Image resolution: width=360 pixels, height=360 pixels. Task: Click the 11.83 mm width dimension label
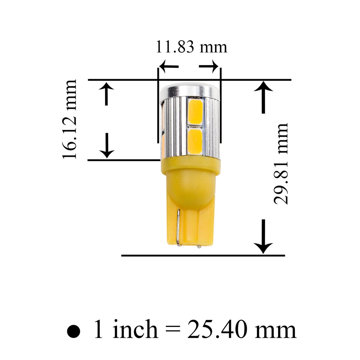click(192, 47)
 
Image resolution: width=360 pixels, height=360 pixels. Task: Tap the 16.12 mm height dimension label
click(69, 119)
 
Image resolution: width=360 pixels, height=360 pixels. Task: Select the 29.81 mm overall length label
click(281, 164)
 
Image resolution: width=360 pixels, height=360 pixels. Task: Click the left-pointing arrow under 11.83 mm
click(169, 66)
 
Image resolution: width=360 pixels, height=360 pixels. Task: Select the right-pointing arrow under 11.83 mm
click(208, 66)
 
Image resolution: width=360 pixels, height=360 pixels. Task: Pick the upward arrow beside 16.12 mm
click(106, 94)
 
